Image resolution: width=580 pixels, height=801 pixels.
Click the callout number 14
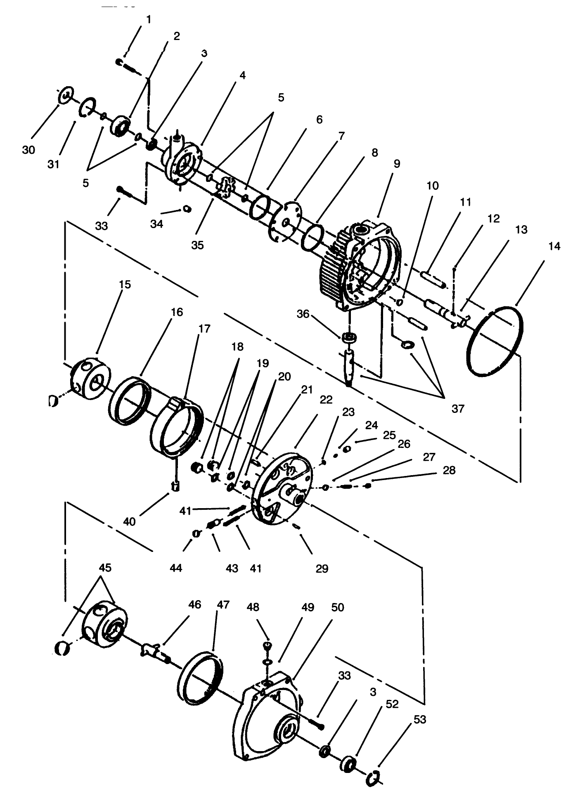click(554, 246)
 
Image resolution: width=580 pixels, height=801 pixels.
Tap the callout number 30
click(28, 150)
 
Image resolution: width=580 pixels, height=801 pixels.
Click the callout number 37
click(458, 409)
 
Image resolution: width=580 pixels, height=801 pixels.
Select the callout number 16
click(177, 312)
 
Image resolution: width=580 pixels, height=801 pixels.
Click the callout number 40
click(129, 522)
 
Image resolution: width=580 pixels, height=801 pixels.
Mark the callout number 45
click(105, 568)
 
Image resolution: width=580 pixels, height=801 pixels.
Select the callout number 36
click(303, 314)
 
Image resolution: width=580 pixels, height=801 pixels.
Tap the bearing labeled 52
click(348, 764)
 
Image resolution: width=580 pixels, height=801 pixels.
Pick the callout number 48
click(253, 607)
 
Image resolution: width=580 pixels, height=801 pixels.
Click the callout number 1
click(149, 20)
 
